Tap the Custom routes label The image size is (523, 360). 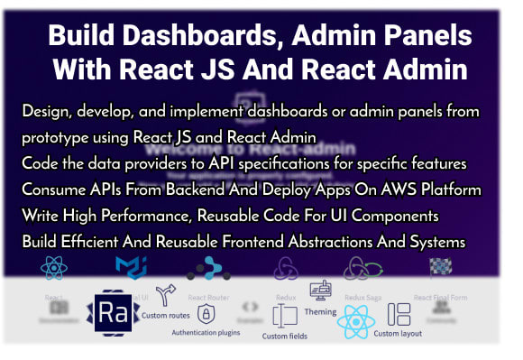point(165,316)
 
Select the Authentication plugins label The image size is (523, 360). point(206,332)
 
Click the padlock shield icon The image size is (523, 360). point(206,314)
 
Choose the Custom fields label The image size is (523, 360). point(287,337)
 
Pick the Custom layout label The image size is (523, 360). point(398,334)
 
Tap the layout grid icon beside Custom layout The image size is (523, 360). point(399,314)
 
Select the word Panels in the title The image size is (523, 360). point(431,37)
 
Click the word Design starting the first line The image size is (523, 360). point(42,111)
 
